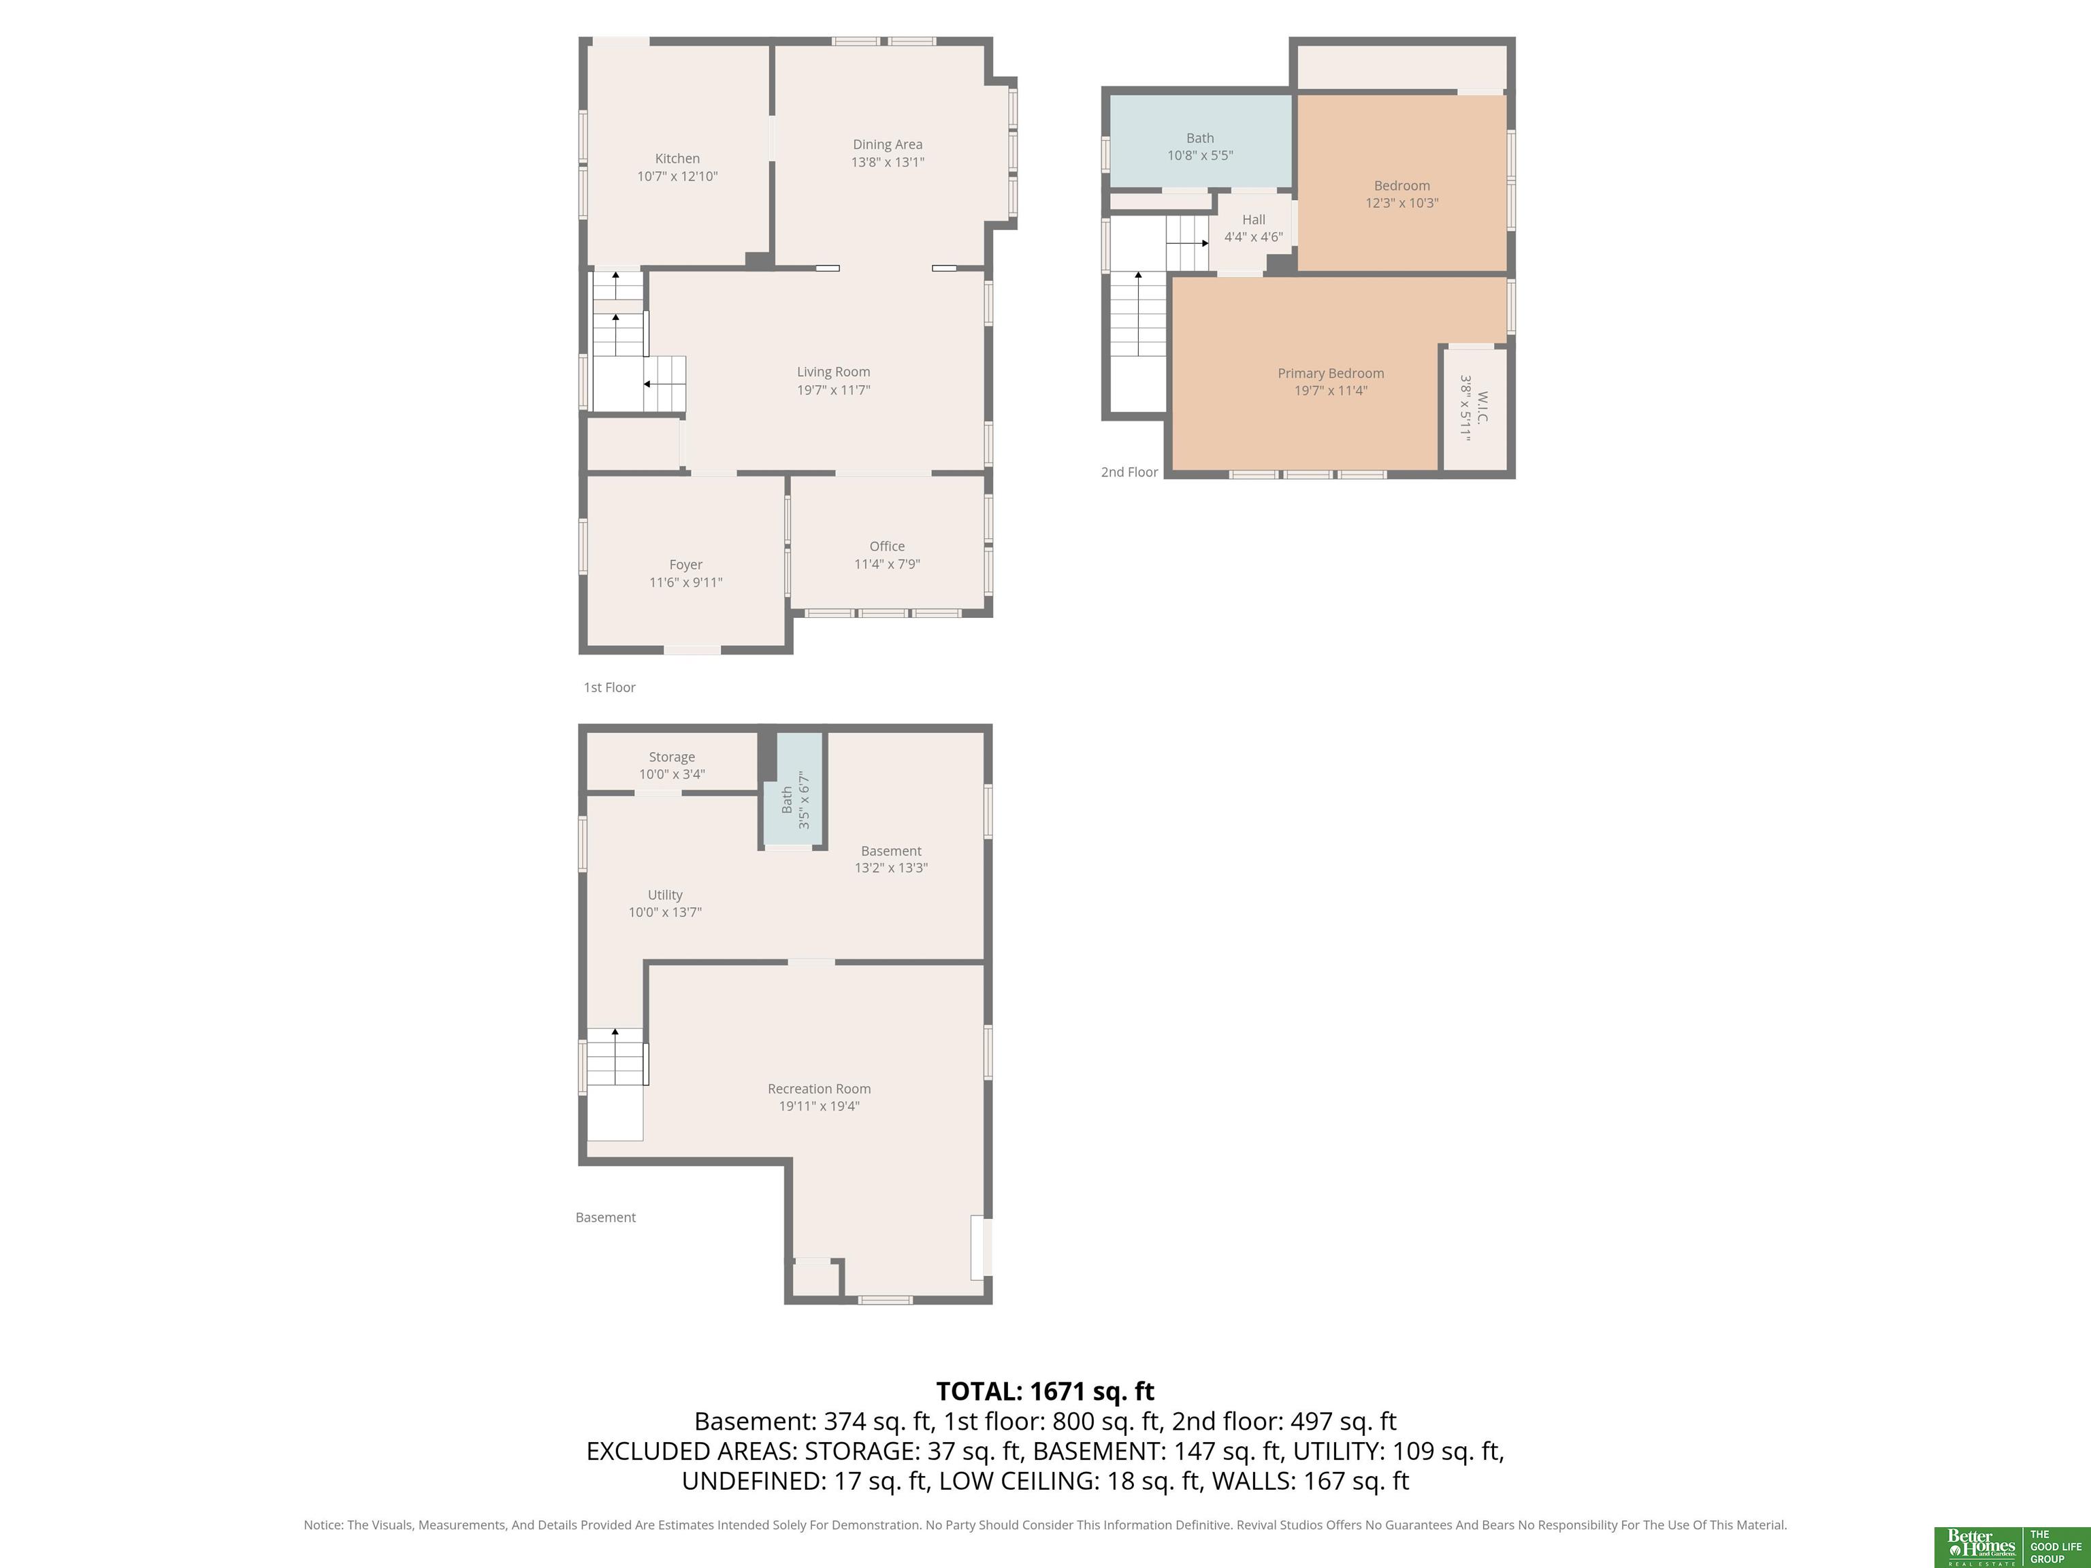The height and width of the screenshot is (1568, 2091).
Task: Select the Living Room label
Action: coord(833,372)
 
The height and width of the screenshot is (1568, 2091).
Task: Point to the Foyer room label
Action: coord(685,565)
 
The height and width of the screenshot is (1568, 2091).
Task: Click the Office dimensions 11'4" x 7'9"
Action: coord(887,564)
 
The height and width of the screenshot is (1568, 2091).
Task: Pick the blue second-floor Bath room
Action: coord(1199,141)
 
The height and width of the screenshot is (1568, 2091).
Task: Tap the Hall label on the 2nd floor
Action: coord(1254,219)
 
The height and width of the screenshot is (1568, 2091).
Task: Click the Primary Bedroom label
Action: coord(1331,374)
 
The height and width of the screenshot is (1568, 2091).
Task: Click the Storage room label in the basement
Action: coord(672,757)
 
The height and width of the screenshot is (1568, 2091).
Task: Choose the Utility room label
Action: coord(664,895)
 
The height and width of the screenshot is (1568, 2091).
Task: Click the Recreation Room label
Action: coord(819,1089)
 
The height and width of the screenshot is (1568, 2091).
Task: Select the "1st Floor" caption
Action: coord(609,687)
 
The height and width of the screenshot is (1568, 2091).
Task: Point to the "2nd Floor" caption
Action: coord(1129,472)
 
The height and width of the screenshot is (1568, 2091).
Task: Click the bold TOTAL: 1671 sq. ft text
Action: coord(1045,1391)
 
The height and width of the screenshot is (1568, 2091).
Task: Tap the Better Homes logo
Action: coord(1979,1547)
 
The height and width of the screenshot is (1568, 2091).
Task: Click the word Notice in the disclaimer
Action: coord(323,1524)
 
